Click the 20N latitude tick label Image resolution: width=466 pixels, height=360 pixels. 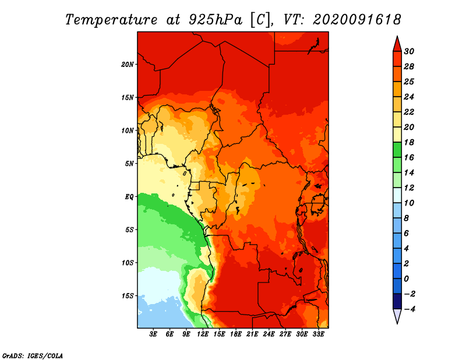pos(128,64)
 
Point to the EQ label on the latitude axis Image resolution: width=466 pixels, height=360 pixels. pos(129,196)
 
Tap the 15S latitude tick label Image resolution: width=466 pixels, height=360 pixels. pos(128,296)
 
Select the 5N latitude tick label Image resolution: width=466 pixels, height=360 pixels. pos(129,164)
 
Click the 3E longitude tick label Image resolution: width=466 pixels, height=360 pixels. pos(153,334)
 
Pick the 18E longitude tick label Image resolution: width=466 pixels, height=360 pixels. pos(236,334)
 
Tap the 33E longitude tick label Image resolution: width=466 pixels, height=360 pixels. pos(318,334)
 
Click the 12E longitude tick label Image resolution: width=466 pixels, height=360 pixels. pos(203,334)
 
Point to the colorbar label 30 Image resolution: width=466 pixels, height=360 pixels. pos(409,51)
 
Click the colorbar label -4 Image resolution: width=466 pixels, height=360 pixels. pos(409,309)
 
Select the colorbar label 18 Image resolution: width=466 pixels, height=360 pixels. pos(409,142)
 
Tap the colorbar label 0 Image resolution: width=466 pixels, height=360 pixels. pos(406,279)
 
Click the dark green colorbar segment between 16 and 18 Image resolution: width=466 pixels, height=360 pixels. pos(397,150)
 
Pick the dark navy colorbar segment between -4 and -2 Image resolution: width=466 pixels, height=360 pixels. pos(397,301)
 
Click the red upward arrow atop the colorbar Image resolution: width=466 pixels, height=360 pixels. pos(397,44)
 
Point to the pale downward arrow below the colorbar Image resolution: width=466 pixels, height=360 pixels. pos(397,316)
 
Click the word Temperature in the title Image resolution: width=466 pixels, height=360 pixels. pos(111,20)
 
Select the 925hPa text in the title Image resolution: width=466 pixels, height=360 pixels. pos(216,20)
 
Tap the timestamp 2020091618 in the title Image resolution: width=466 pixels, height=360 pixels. pos(356,20)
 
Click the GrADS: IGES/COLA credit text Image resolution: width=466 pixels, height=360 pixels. pos(33,356)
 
